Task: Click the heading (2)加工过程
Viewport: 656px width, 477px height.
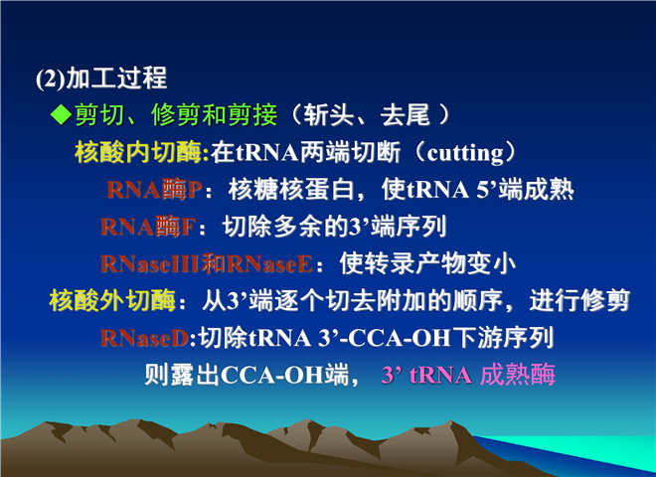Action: pyautogui.click(x=101, y=79)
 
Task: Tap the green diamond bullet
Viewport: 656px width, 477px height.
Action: pyautogui.click(x=61, y=114)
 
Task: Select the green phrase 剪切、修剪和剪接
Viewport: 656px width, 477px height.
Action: pyautogui.click(x=176, y=114)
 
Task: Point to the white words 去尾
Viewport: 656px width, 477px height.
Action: pyautogui.click(x=405, y=114)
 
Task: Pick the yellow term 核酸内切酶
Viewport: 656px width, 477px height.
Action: pyautogui.click(x=138, y=152)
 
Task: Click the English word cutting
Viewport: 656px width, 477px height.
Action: pyautogui.click(x=465, y=153)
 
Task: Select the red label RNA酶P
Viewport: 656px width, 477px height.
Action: pyautogui.click(x=154, y=189)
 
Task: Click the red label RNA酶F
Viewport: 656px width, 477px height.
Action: pyautogui.click(x=148, y=227)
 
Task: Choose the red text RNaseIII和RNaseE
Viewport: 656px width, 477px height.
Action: pyautogui.click(x=207, y=263)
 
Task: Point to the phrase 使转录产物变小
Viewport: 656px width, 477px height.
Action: pyautogui.click(x=427, y=263)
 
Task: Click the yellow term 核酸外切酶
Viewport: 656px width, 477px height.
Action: pyautogui.click(x=112, y=300)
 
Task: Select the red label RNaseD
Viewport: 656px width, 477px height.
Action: pyautogui.click(x=145, y=338)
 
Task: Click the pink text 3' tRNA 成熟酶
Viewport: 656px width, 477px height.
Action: pyautogui.click(x=468, y=375)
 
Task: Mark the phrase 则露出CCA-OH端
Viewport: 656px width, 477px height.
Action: pyautogui.click(x=246, y=375)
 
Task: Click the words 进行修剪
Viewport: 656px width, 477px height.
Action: pyautogui.click(x=579, y=300)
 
